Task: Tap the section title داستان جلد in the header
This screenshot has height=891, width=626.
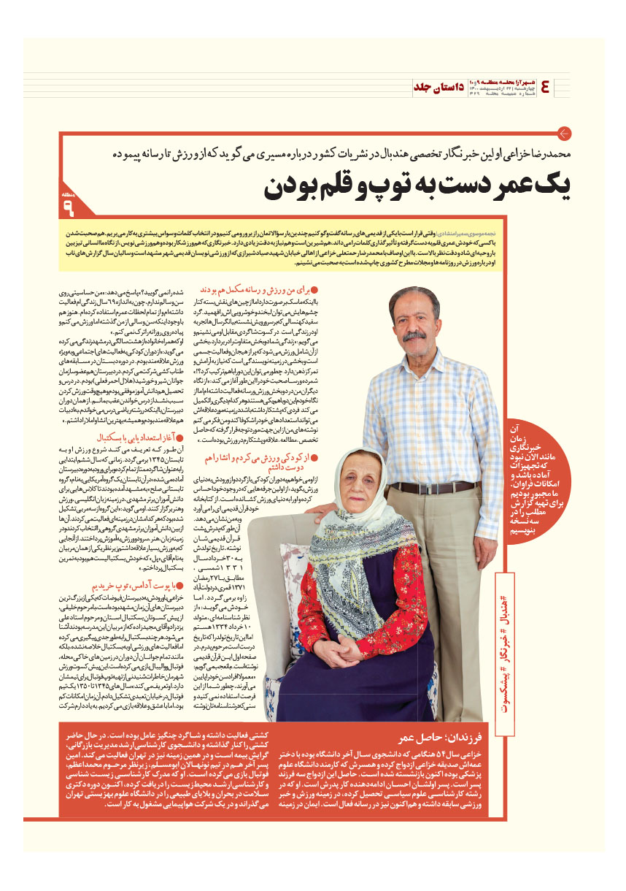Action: [x=438, y=86]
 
